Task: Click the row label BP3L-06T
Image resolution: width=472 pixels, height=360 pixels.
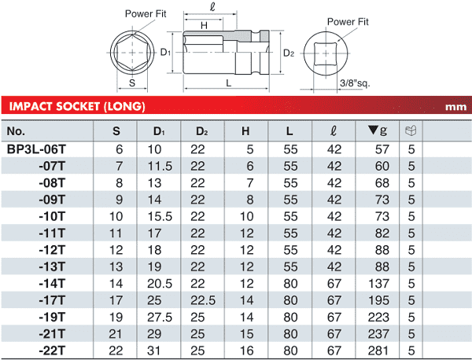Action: coord(36,149)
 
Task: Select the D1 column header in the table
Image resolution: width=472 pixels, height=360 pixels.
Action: coord(159,131)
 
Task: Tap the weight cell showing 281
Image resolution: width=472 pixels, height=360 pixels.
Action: coord(378,351)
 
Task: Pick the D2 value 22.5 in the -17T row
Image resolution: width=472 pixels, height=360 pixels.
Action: coord(203,300)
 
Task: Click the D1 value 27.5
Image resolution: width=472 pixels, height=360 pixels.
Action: coord(160,318)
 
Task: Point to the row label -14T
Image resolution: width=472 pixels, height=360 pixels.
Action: coord(52,284)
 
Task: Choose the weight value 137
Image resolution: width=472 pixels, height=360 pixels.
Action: coord(378,284)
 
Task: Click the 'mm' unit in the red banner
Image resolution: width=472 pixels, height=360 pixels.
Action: coord(455,107)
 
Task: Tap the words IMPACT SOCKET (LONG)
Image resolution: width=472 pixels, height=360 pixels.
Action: coord(77,106)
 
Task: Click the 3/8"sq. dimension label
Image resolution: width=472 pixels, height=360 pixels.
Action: coord(355,83)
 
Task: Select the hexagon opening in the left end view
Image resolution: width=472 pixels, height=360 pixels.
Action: coord(132,53)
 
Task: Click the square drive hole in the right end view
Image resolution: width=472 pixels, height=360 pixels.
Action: coord(326,53)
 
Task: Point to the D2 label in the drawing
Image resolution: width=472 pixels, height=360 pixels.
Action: coord(289,53)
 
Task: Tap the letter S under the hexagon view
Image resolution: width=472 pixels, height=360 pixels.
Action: coord(132,83)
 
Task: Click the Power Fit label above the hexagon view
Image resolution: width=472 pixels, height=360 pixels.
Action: coord(146,14)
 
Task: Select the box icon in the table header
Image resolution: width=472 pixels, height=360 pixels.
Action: coord(411,130)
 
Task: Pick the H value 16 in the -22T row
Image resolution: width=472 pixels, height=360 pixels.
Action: coord(246,351)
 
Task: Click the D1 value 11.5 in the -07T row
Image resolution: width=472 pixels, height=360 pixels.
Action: coord(160,167)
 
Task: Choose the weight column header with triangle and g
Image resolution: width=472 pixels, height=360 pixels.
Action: coord(377,130)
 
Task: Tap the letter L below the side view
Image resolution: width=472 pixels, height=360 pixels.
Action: coord(229,83)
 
